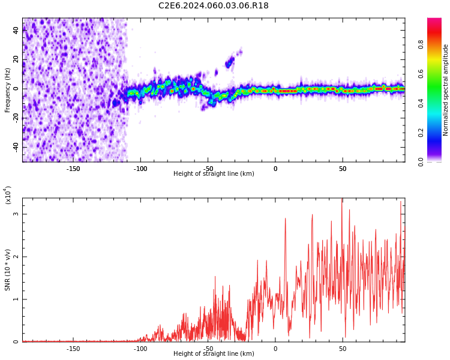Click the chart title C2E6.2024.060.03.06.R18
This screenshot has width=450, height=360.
[214, 6]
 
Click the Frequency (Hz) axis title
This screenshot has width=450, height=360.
[8, 90]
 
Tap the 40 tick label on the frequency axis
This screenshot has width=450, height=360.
[16, 31]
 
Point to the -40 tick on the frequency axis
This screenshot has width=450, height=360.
[14, 147]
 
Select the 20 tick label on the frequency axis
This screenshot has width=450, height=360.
[16, 60]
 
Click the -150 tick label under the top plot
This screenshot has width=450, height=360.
[73, 169]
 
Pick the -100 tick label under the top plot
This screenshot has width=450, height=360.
[140, 169]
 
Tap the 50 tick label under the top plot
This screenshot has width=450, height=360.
[342, 169]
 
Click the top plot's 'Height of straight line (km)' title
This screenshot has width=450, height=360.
[214, 174]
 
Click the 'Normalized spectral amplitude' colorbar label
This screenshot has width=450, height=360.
[446, 90]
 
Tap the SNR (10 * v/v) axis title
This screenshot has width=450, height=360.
[8, 270]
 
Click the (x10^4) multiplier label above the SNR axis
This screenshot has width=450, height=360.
[8, 195]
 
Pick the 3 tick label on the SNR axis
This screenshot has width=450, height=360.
[16, 214]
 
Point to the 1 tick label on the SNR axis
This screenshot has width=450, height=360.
[16, 299]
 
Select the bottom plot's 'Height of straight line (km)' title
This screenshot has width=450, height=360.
[214, 354]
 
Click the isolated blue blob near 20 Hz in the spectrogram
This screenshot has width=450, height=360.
[229, 62]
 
